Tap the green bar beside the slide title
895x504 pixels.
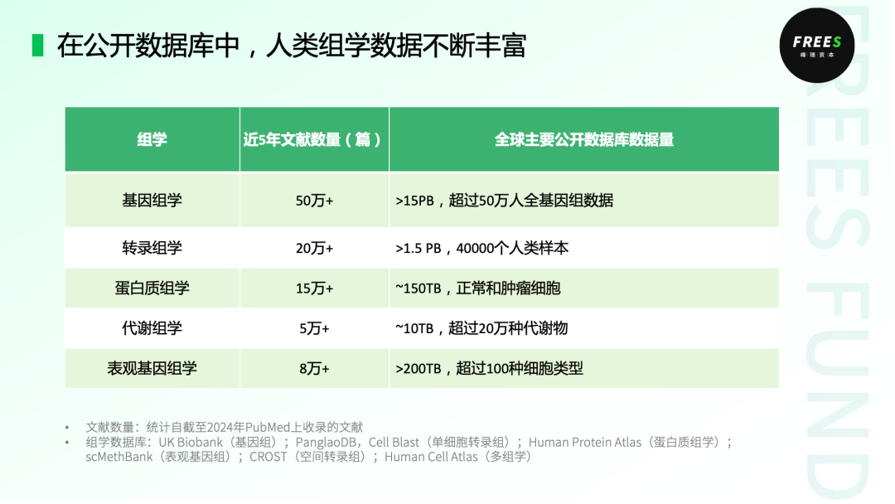37,46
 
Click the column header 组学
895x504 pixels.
152,140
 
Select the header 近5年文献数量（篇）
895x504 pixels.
313,140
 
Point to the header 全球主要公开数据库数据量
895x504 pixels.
583,140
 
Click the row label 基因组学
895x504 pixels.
152,201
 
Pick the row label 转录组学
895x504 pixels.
152,248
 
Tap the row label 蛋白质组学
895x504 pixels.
152,288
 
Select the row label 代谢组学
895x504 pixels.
152,328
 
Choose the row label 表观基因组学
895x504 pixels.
152,369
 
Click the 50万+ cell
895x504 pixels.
314,201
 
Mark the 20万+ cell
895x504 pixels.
314,248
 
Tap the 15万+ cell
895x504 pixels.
314,288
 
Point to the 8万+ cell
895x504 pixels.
314,369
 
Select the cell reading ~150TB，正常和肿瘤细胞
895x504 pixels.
478,288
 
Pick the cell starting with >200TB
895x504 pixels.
489,369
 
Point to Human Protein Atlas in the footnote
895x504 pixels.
585,443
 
